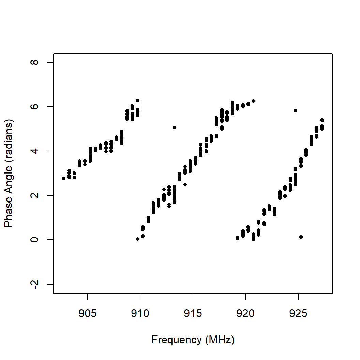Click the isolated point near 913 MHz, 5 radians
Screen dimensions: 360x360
tap(175, 127)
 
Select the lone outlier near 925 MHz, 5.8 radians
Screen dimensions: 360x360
tap(296, 110)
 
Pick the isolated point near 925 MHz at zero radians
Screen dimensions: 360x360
tap(301, 237)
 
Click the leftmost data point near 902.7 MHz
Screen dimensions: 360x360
tap(64, 178)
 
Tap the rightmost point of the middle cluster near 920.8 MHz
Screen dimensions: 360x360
tap(254, 101)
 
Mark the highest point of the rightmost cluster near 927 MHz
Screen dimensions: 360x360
tap(322, 120)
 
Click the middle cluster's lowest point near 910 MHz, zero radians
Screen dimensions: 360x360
tap(138, 239)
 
